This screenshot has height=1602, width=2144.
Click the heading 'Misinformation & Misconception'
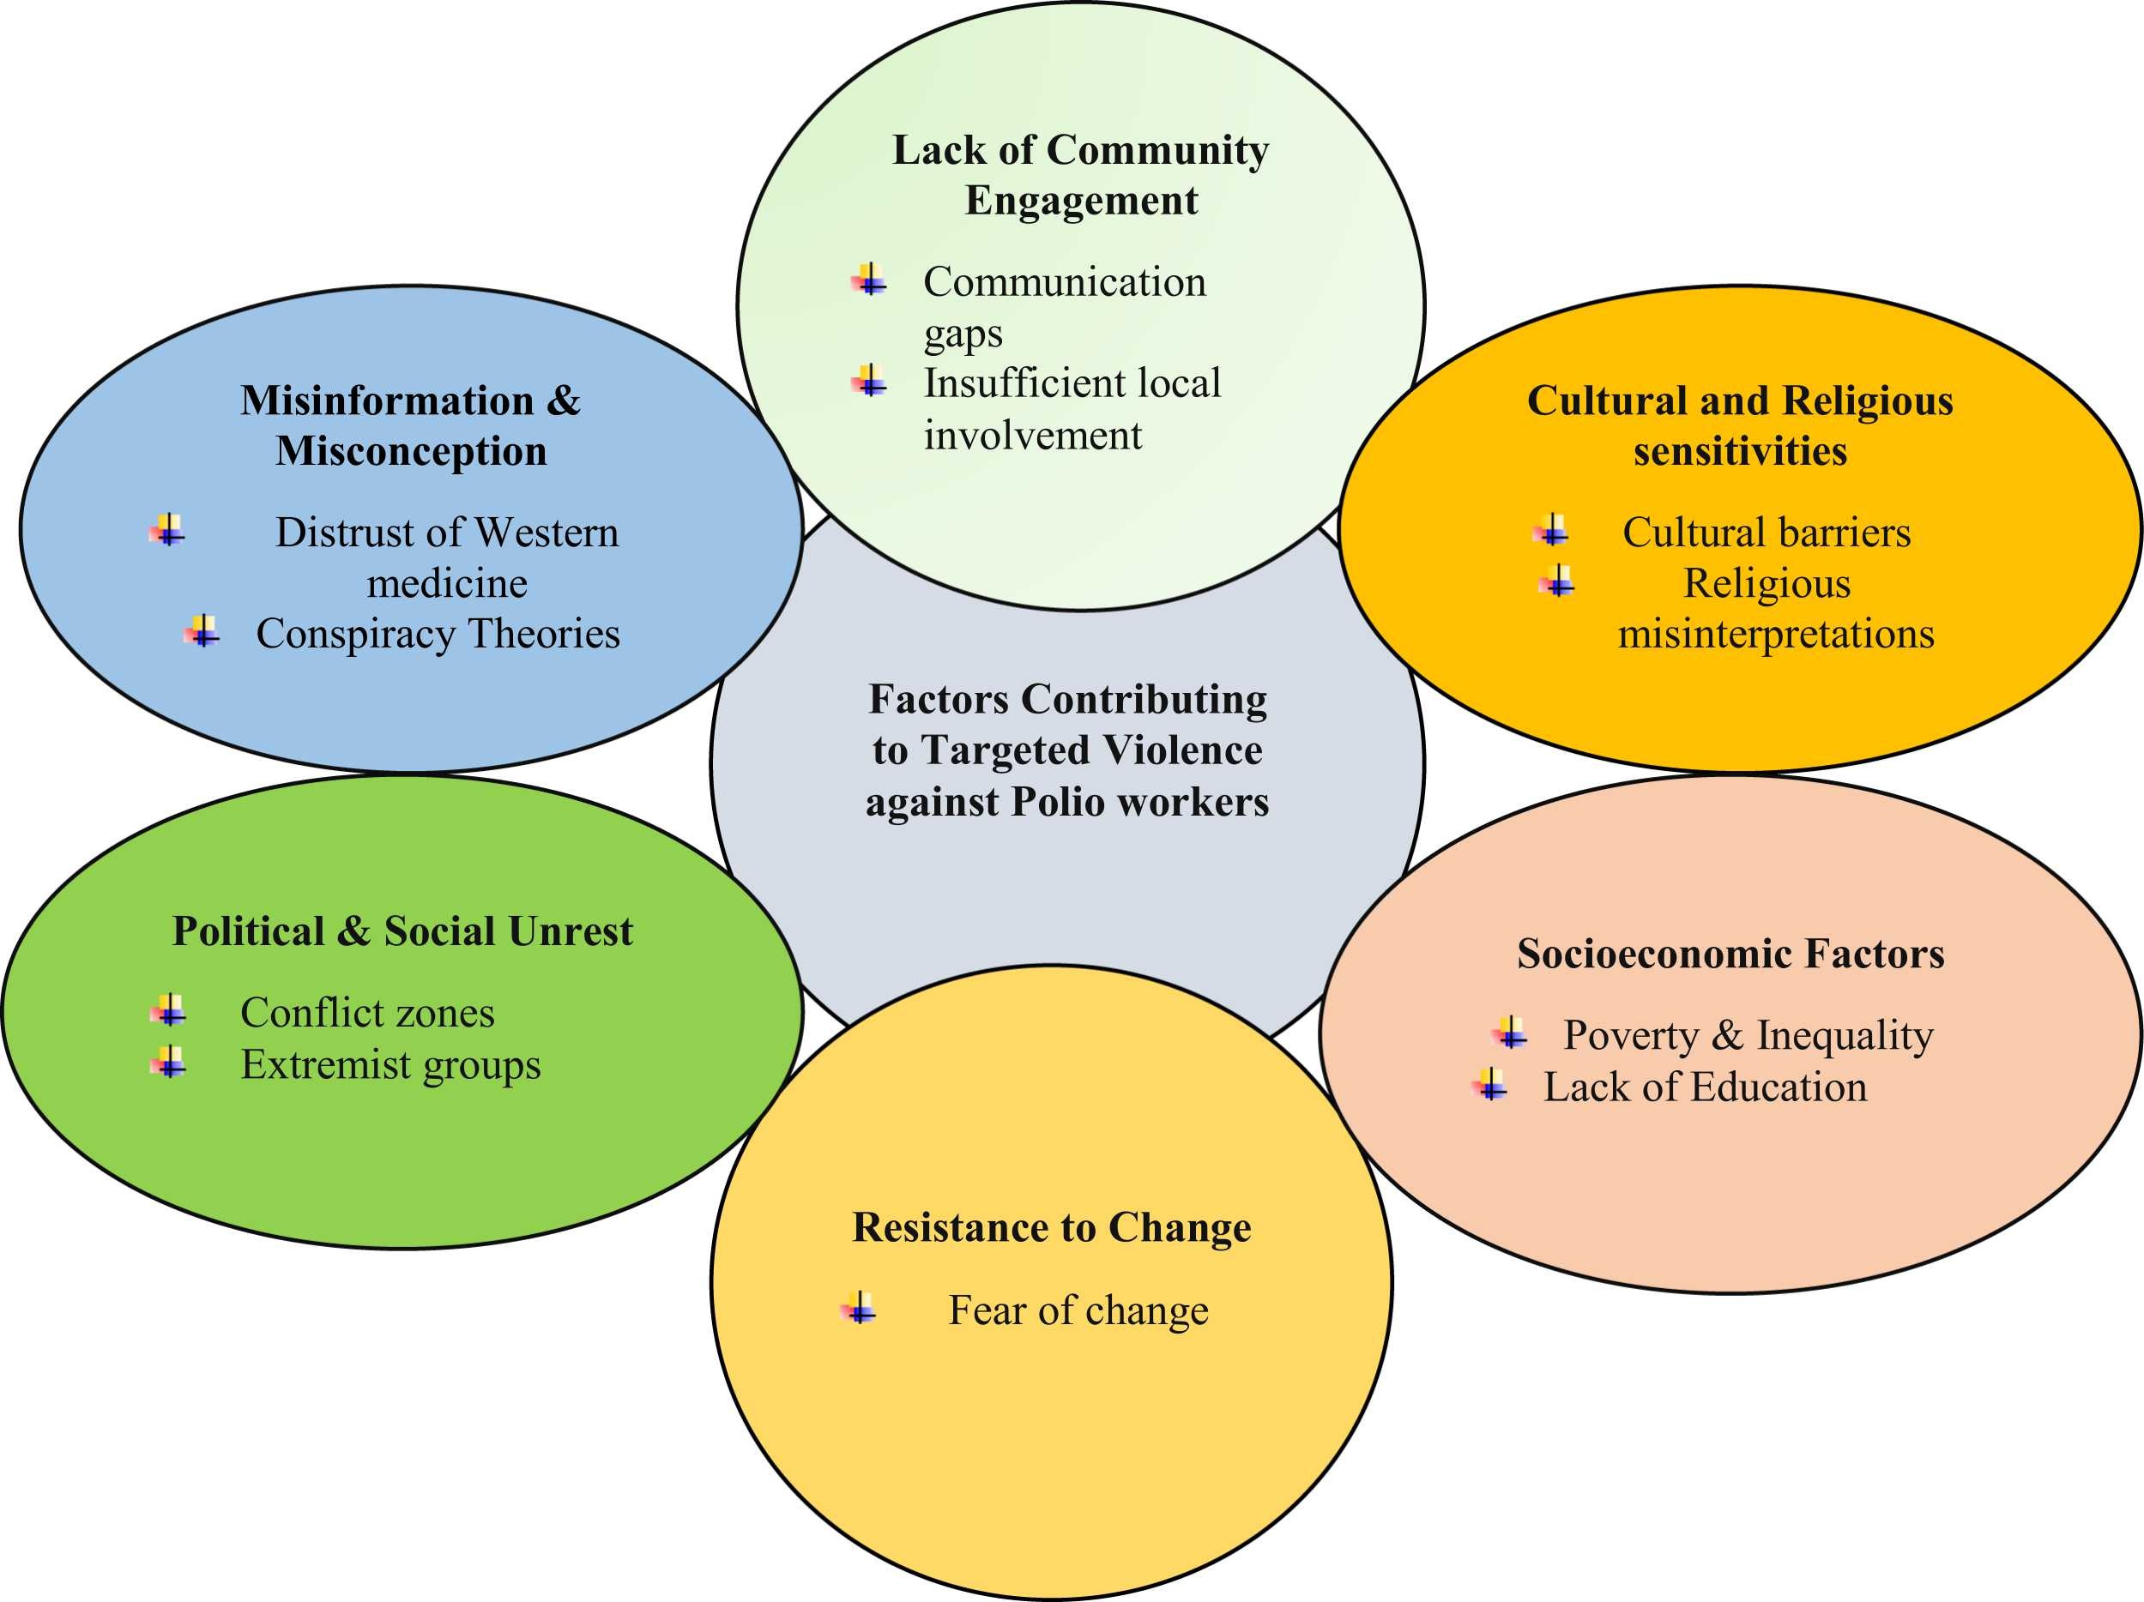pos(411,425)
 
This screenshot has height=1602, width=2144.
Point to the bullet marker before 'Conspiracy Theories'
pos(202,632)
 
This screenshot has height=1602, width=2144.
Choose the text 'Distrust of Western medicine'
pos(447,557)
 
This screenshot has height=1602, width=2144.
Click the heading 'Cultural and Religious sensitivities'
pos(1740,425)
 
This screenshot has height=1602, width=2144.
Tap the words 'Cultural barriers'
pos(1766,532)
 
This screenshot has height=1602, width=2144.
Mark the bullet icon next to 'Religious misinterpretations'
pos(1556,581)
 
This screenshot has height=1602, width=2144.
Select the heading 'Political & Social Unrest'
pos(402,930)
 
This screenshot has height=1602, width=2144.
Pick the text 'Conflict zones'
pos(367,1013)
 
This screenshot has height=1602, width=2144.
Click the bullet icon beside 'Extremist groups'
pos(169,1063)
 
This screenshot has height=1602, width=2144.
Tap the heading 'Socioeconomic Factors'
pos(1730,954)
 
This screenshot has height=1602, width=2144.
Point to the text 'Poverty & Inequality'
pos(1748,1035)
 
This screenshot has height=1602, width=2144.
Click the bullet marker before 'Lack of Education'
pos(1491,1085)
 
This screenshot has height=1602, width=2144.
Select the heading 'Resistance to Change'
pos(1052,1227)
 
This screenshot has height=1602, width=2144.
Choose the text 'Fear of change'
pos(1078,1310)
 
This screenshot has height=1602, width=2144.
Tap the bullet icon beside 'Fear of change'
pos(859,1309)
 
